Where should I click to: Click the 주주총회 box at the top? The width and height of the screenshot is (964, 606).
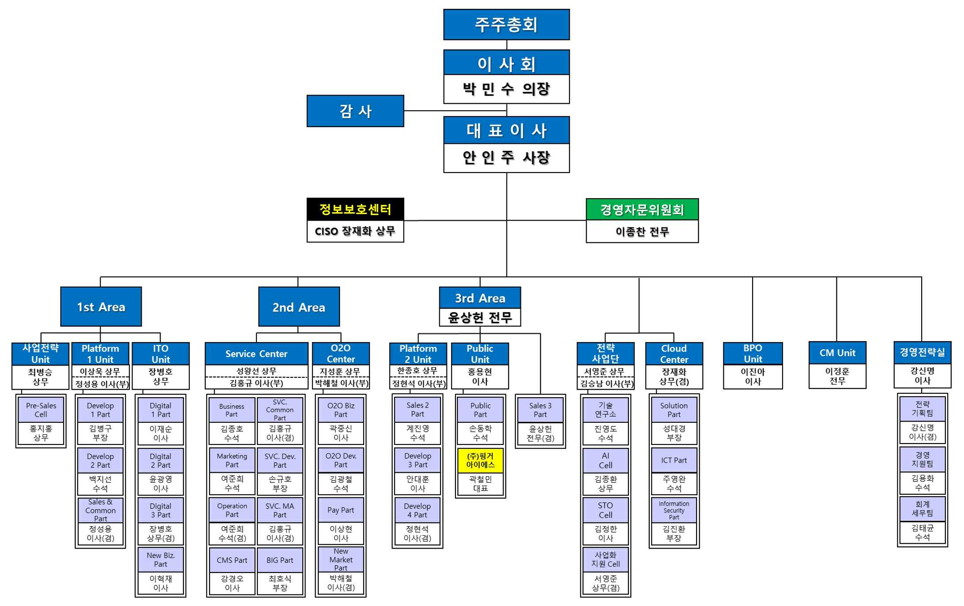coord(506,25)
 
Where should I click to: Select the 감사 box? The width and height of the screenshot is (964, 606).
coord(355,111)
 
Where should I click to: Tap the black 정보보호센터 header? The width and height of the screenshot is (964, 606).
coord(355,209)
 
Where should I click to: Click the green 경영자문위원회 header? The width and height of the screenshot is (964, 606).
coord(642,210)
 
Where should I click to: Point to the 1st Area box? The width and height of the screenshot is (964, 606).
coord(101,307)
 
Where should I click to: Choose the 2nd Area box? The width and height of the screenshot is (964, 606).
coord(299,307)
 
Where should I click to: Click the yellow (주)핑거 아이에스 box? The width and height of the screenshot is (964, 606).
coord(480,460)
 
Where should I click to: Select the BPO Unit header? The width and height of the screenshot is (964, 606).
coord(753,354)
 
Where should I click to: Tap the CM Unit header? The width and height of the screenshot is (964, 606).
coord(837,353)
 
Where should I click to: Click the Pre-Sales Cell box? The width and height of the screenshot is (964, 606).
coord(41,410)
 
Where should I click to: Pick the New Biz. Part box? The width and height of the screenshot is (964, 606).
coord(161,560)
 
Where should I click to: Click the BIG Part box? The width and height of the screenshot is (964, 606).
coord(280,560)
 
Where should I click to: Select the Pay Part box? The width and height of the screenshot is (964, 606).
coord(341,510)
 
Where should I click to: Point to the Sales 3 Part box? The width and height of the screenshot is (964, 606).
coord(540,410)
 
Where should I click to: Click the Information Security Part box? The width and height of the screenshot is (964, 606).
coord(674,510)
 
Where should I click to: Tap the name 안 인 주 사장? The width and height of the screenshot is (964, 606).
coord(506,158)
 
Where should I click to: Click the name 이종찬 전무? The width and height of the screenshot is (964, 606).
coord(642,232)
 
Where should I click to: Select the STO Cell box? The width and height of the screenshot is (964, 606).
coord(606,510)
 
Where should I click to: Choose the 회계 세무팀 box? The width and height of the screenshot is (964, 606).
coord(923,508)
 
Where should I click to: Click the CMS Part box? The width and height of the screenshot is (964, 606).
coord(232,560)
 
